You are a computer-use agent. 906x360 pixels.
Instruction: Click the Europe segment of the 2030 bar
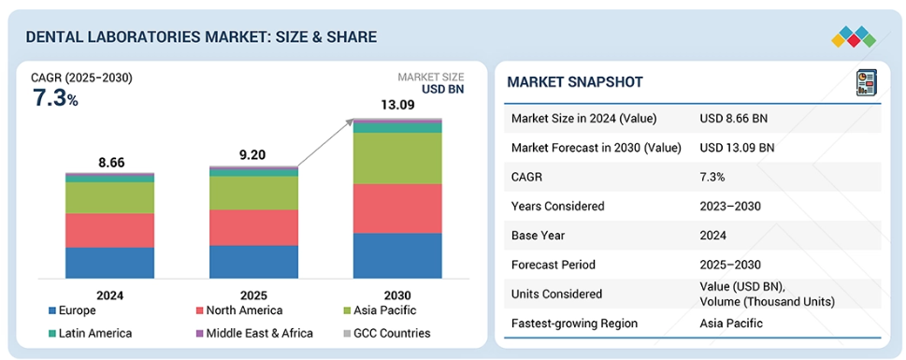click(397, 255)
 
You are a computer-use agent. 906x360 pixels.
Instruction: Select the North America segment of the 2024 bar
click(109, 231)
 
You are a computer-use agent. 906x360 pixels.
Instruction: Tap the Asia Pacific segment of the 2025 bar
click(253, 193)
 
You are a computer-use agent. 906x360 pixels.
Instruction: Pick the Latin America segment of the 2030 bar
click(397, 128)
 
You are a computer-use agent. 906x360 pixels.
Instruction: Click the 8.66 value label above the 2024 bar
click(111, 163)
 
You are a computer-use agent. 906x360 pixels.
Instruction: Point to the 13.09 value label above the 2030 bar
click(397, 106)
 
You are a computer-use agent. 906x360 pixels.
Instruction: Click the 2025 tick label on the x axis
click(253, 295)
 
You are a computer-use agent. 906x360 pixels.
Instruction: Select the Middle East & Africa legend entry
click(254, 333)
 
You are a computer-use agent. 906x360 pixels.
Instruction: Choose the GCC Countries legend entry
click(386, 333)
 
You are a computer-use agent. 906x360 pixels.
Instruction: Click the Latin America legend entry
click(90, 333)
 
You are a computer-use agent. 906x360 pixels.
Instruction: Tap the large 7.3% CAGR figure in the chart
click(55, 98)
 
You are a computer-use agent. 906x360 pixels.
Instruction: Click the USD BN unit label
click(442, 89)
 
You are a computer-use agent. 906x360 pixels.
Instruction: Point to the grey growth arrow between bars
click(324, 143)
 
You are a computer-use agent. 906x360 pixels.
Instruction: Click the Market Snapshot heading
click(575, 82)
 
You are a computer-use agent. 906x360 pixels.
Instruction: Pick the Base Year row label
click(538, 236)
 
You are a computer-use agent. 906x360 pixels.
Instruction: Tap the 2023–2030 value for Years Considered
click(730, 206)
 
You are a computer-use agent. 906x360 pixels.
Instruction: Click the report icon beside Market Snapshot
click(866, 82)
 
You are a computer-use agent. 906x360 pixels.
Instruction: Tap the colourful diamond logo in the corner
click(854, 37)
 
